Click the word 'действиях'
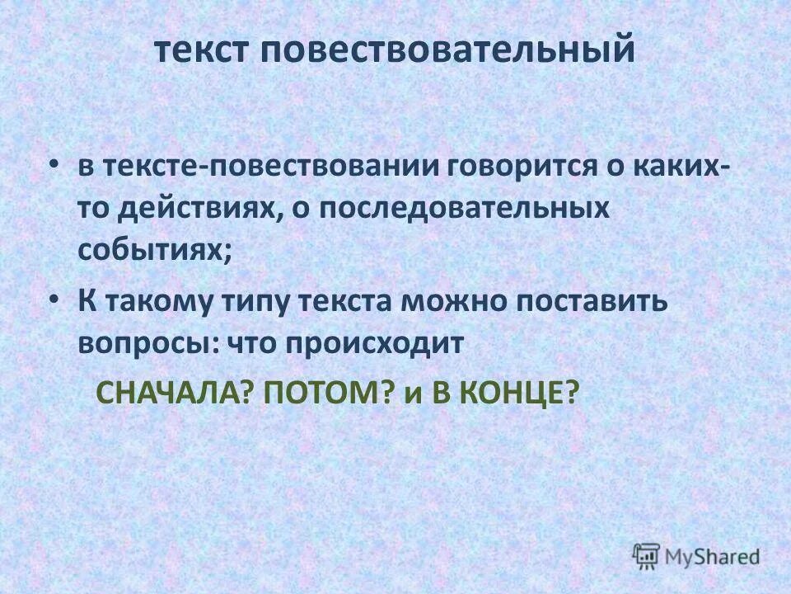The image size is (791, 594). [x=201, y=209]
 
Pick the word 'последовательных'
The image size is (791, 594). [x=465, y=209]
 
